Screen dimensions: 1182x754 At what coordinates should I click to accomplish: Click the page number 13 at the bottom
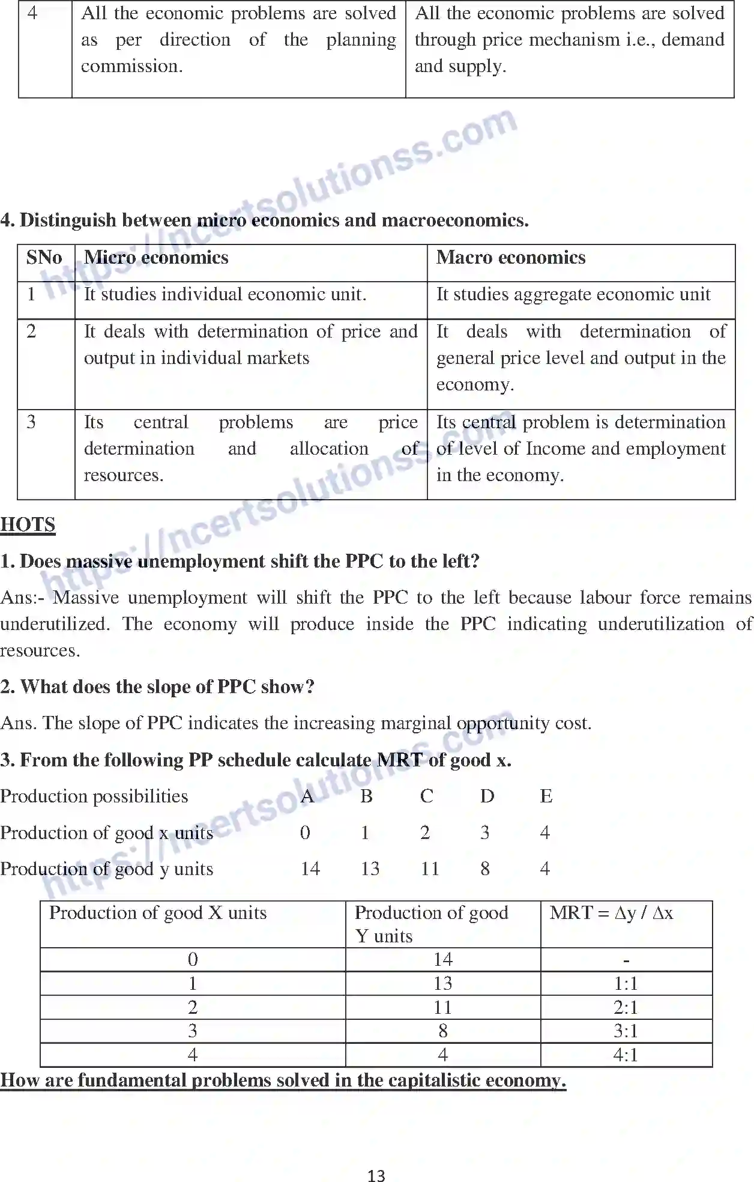376,1175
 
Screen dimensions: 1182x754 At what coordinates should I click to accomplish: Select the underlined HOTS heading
28,524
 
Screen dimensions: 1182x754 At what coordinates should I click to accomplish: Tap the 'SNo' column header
44,258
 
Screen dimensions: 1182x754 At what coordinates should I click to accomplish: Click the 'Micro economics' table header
156,258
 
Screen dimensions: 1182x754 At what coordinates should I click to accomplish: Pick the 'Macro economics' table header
511,258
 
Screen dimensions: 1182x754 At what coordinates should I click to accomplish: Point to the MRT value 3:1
626,1031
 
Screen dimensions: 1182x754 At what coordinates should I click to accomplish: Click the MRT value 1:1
626,983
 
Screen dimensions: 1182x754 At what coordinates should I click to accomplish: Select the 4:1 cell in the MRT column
626,1055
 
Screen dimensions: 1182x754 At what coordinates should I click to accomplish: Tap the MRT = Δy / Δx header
611,913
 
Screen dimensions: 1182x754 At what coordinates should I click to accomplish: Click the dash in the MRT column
626,960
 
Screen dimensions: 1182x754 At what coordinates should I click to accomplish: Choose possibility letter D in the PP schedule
487,796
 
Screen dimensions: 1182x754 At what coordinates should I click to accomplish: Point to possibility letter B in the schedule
366,796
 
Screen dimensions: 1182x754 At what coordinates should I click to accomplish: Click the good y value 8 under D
485,868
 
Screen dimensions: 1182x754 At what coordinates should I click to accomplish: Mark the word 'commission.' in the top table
132,66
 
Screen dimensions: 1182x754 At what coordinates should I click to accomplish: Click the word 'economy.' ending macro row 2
475,384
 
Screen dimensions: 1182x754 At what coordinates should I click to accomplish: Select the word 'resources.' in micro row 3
124,475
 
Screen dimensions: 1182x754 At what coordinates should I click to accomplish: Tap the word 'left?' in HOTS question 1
458,561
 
